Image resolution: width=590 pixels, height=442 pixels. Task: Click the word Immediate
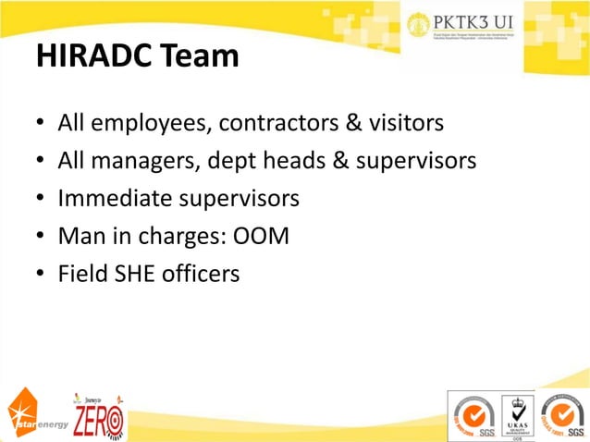(113, 199)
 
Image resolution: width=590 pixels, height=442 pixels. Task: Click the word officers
(205, 274)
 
